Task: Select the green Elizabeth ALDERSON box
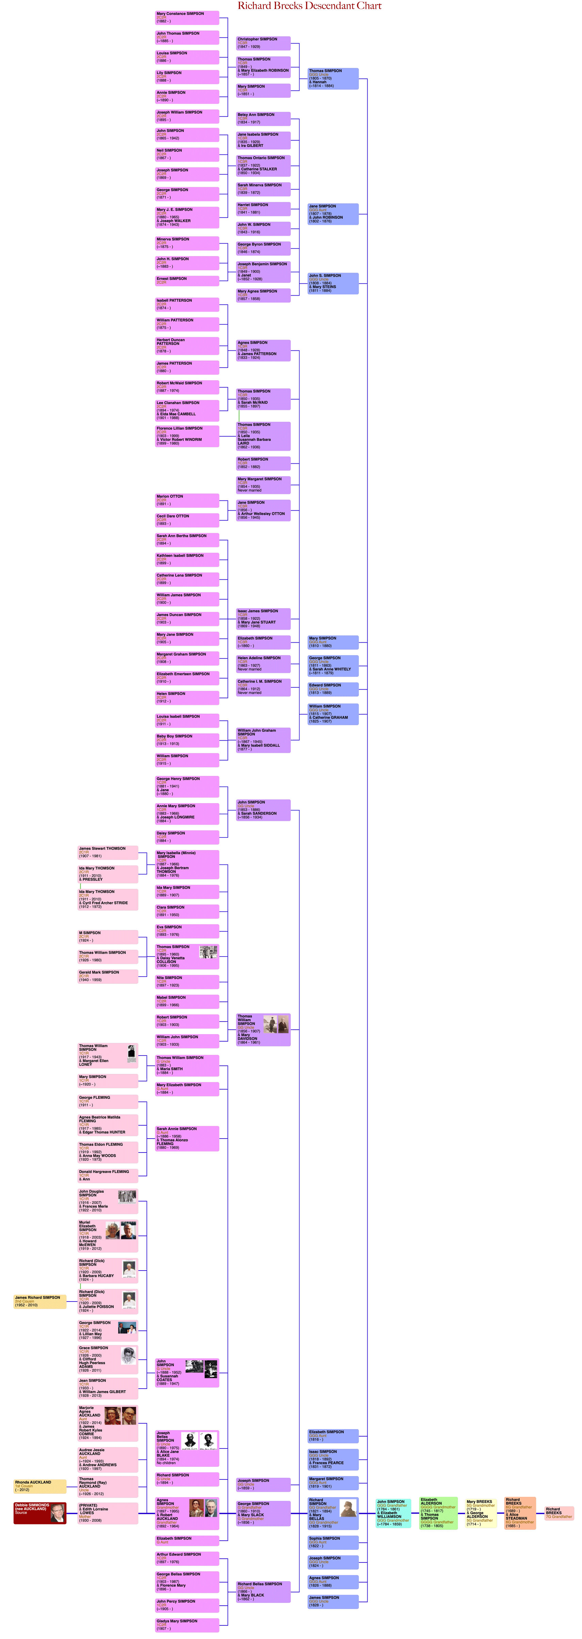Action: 438,1512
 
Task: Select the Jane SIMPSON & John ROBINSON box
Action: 333,214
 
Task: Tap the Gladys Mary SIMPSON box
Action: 187,1624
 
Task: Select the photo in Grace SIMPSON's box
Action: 129,1356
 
